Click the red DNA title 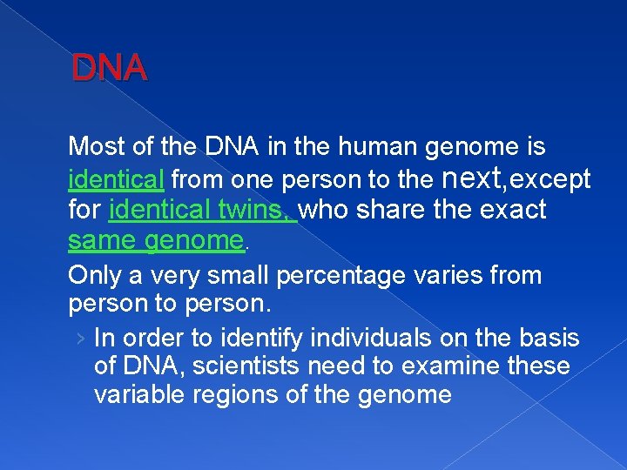coord(110,68)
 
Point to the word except coord(551,179)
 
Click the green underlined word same coord(101,241)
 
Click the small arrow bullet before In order coord(80,338)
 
